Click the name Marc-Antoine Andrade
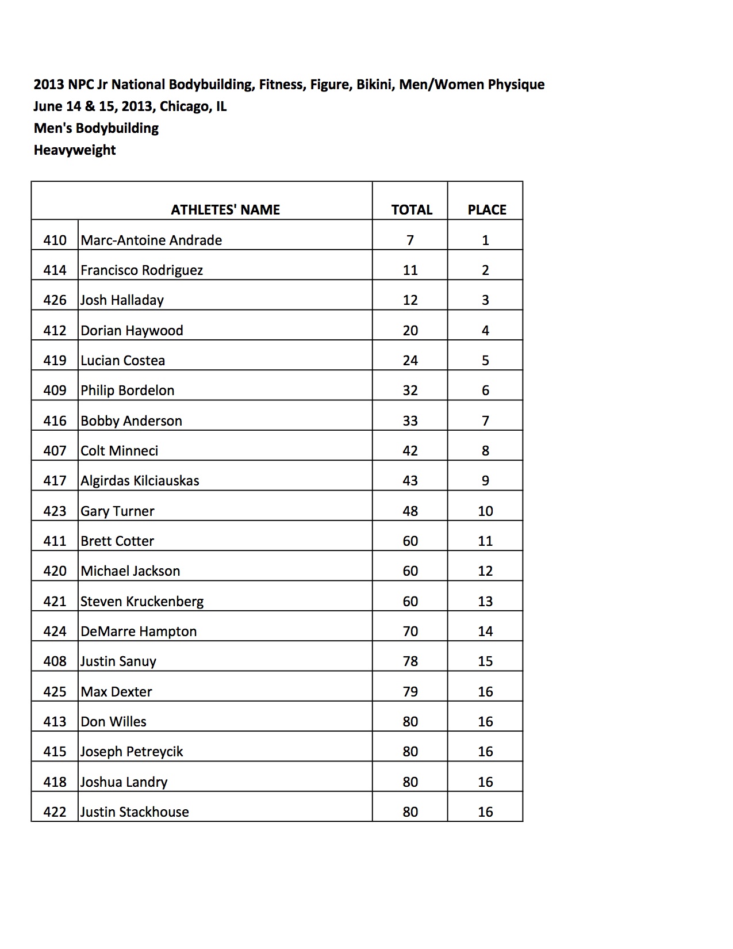point(151,240)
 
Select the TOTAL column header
point(412,210)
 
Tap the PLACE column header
point(486,210)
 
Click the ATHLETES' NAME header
point(225,210)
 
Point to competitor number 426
point(55,300)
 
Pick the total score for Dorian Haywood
point(410,331)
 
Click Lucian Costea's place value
point(485,361)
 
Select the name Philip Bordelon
point(127,391)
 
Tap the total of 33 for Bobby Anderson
point(410,421)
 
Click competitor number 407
point(55,451)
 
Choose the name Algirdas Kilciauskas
point(140,481)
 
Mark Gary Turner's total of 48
point(410,511)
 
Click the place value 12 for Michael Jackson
point(485,571)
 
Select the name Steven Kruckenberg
point(142,602)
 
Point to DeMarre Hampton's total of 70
point(410,632)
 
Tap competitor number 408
point(55,661)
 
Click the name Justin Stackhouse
point(135,812)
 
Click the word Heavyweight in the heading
point(75,150)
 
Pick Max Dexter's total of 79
point(410,692)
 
